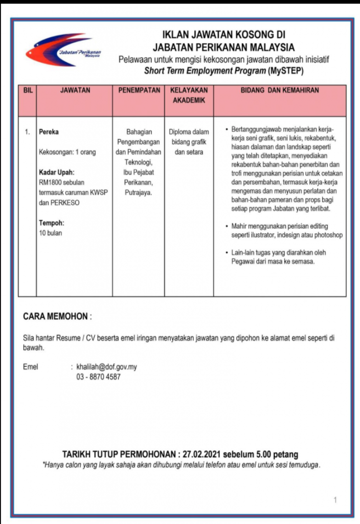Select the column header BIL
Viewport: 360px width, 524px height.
[27, 91]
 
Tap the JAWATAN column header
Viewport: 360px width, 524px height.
[75, 91]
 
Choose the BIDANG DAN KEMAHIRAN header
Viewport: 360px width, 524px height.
[280, 91]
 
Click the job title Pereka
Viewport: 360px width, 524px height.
[49, 132]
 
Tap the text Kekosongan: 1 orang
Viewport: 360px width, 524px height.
[67, 152]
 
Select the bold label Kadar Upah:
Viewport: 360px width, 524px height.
[57, 172]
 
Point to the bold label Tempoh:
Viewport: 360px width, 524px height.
[52, 223]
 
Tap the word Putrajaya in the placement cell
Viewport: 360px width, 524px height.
[138, 192]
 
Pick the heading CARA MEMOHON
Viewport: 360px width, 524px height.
[56, 317]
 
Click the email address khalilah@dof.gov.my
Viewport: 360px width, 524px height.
[107, 367]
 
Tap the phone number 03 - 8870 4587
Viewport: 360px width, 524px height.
[99, 377]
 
